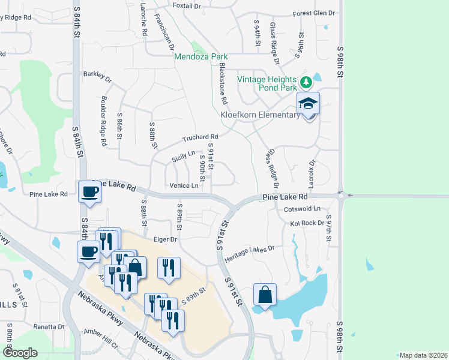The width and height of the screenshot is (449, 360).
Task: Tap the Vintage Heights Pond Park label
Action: point(267,83)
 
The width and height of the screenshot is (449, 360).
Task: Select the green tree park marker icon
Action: point(306,82)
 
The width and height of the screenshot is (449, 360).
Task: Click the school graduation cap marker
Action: point(309,103)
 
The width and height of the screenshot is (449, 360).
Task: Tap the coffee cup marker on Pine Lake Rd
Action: point(90,191)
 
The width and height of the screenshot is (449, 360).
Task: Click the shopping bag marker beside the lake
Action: point(265,295)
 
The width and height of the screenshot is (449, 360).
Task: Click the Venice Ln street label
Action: point(184,186)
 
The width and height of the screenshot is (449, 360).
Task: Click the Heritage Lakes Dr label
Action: point(249,253)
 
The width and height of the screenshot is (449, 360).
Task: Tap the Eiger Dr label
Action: point(165,239)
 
